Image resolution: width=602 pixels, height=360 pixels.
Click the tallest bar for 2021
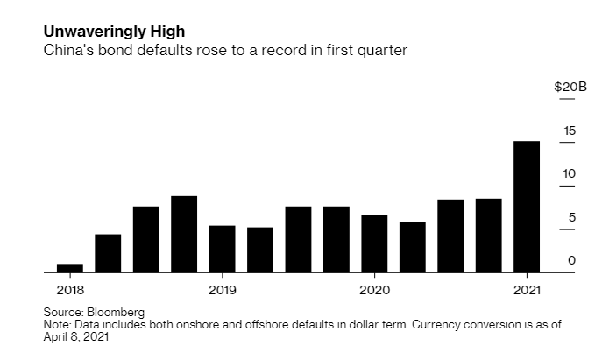(x=526, y=207)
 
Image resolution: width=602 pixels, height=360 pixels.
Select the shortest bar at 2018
(x=70, y=268)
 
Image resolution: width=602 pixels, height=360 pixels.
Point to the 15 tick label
(x=570, y=131)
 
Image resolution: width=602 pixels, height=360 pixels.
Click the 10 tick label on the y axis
(x=570, y=173)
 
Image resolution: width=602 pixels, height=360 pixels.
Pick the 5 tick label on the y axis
(x=572, y=216)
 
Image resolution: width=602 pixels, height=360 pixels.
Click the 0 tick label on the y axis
(x=572, y=260)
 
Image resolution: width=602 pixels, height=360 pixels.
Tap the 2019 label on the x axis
(x=222, y=290)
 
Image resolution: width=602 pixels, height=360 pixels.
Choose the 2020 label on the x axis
(x=374, y=290)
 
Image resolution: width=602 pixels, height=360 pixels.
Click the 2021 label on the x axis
(x=526, y=290)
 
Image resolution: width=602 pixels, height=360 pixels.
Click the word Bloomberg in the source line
(x=115, y=312)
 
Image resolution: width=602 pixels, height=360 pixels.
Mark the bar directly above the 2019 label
(x=222, y=249)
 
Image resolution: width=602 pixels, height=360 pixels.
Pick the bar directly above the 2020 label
(x=374, y=244)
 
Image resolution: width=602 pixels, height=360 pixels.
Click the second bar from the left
(x=108, y=253)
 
